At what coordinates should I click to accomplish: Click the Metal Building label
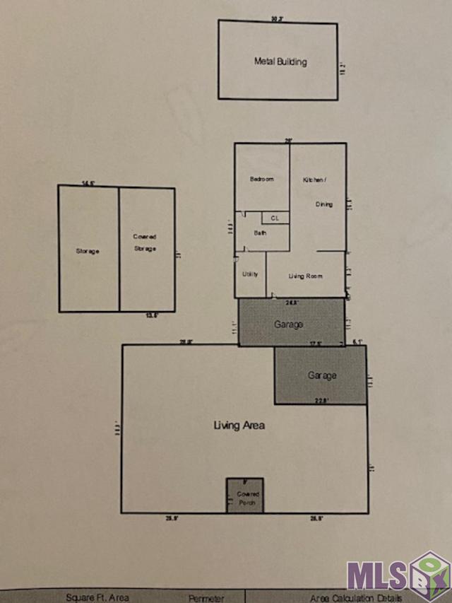tap(280, 62)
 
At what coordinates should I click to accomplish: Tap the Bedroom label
tap(261, 179)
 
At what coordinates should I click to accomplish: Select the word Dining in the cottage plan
tap(323, 204)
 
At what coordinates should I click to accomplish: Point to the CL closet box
tap(275, 218)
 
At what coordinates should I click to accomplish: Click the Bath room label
tap(260, 233)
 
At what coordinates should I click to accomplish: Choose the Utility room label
tap(250, 274)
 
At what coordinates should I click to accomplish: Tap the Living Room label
tap(305, 276)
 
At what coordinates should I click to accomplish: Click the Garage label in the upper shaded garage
tap(288, 324)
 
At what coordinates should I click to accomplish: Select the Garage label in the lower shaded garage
tap(322, 375)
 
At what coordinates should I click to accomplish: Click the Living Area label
tap(239, 426)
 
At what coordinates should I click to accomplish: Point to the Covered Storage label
tap(145, 242)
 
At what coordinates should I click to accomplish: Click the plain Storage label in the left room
tap(88, 251)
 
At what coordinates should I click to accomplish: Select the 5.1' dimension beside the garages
tap(357, 341)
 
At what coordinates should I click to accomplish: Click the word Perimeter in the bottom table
tap(206, 598)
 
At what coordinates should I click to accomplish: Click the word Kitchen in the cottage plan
tap(314, 180)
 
